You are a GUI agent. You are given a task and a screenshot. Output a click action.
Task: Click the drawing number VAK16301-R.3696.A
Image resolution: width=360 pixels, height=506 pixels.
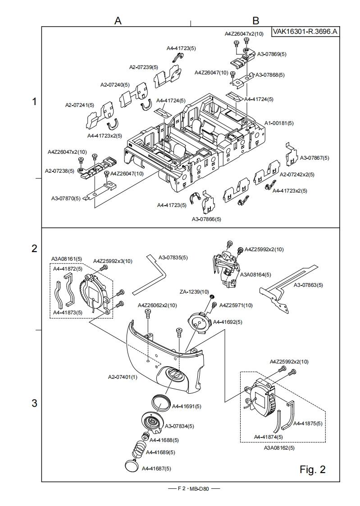coord(305,32)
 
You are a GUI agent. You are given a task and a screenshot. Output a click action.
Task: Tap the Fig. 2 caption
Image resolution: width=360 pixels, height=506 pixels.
coord(312,469)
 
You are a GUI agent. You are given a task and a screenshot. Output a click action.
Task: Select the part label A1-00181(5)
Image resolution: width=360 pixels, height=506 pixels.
coord(279,123)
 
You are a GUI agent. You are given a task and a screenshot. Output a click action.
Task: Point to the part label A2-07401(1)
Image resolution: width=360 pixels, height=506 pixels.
coord(123,377)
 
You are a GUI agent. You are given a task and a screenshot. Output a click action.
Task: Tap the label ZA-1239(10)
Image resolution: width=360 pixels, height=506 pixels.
coord(195,292)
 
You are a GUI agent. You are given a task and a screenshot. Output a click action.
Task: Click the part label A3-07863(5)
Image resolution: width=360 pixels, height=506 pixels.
coord(308,285)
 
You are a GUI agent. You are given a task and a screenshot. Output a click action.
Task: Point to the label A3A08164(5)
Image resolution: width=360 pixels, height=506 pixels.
coord(255,274)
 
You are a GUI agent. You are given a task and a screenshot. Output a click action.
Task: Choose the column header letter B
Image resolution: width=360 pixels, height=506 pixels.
coord(255,21)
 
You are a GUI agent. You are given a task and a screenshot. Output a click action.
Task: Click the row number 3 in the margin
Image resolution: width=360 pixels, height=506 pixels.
coord(34,403)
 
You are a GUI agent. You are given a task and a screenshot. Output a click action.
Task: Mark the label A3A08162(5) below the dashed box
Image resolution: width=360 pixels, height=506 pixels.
coord(279,448)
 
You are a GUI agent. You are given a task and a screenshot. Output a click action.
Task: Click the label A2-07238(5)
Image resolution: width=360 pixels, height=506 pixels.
coord(60,170)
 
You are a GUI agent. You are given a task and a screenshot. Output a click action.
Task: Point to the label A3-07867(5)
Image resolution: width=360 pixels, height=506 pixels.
coord(314,158)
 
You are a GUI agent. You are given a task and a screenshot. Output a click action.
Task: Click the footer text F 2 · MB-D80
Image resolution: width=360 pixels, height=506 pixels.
coord(193,488)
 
